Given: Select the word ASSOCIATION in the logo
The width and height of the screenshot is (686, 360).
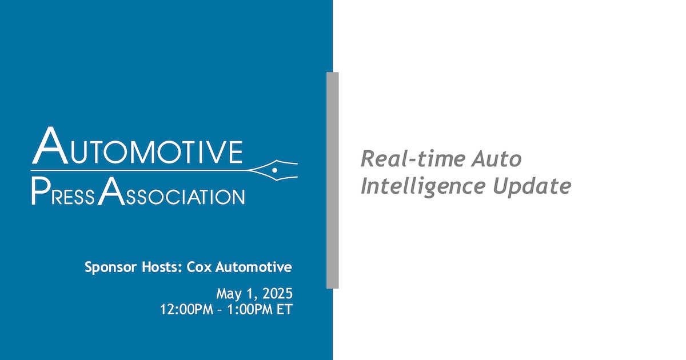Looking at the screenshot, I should click(171, 195).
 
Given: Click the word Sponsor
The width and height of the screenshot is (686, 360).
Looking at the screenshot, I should click(107, 267).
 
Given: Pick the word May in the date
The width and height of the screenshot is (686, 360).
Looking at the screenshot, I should click(229, 294).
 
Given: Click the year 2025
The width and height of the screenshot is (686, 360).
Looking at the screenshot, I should click(278, 294).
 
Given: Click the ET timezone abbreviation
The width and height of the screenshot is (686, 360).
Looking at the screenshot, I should click(285, 310).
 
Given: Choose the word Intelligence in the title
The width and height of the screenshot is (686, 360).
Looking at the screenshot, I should click(421, 186).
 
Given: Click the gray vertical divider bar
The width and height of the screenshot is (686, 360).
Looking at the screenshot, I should click(333, 180).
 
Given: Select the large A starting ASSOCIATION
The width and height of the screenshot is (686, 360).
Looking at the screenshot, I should click(109, 193).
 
